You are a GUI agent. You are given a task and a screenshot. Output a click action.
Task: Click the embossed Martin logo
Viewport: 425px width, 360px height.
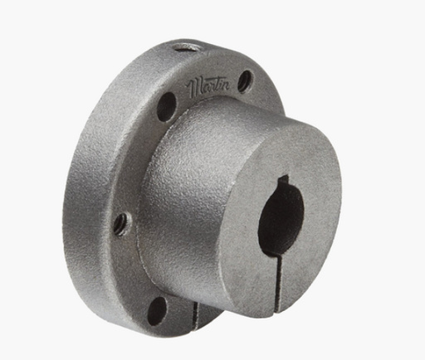209,87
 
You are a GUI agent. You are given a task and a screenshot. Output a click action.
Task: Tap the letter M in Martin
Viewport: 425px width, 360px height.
196,90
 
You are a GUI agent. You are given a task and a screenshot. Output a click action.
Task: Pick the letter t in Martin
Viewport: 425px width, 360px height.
218,85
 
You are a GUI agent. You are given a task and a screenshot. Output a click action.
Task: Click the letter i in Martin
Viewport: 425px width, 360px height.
222,85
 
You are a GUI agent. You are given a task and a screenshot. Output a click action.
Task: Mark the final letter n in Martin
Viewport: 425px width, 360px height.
227,85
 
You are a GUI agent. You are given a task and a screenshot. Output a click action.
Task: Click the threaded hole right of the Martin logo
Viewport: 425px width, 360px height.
246,80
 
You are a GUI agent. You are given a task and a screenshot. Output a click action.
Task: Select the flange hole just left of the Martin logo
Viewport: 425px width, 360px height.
167,107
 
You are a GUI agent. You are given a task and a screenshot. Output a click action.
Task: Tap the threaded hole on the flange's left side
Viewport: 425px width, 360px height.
121,223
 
